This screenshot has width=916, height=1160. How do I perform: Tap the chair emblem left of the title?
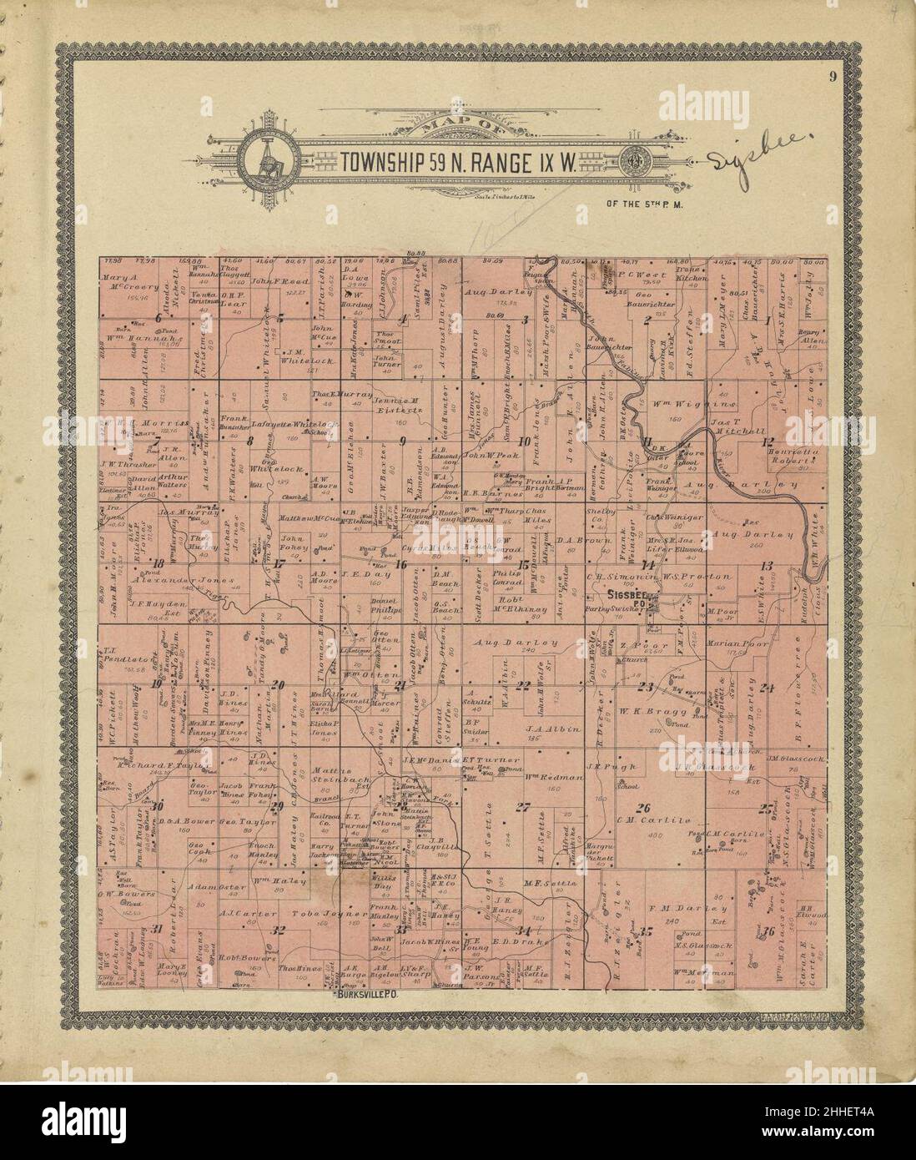point(269,159)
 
